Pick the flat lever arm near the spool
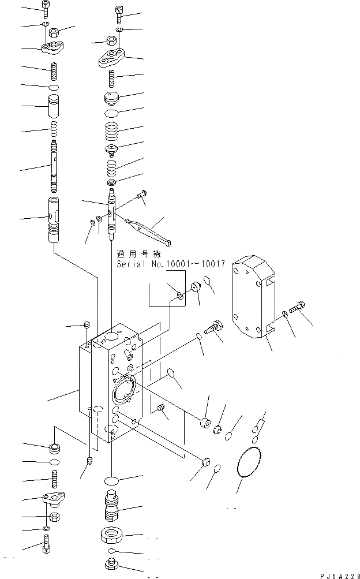point(145,229)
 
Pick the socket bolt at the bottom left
point(47,544)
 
